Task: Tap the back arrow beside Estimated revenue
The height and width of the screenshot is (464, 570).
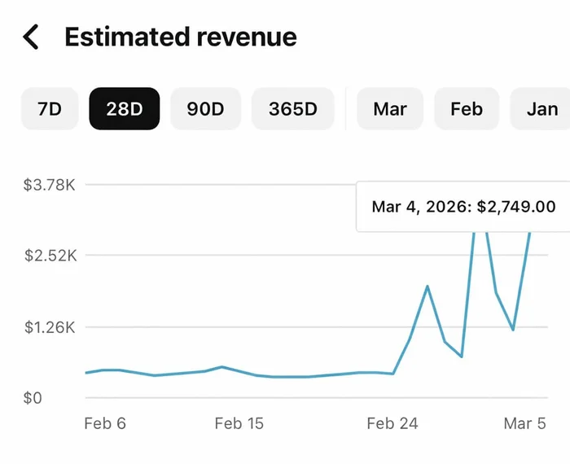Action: (x=31, y=37)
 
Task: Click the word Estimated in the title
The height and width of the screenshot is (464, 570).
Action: (x=127, y=37)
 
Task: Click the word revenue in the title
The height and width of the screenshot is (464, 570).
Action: (x=247, y=38)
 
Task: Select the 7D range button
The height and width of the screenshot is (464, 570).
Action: (x=50, y=108)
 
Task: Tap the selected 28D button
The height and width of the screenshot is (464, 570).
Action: (x=125, y=108)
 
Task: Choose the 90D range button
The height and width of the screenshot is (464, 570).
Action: (x=205, y=108)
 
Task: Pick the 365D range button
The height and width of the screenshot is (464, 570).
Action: (x=292, y=108)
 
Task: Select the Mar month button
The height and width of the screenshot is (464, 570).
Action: (x=390, y=108)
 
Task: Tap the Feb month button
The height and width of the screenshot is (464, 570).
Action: (x=467, y=108)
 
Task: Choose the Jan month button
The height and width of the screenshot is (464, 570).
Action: (x=541, y=108)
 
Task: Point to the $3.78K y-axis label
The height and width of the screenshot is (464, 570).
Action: (x=50, y=185)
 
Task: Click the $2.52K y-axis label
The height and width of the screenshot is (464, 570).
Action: (x=50, y=256)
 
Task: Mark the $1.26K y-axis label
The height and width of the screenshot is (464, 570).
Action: (x=50, y=327)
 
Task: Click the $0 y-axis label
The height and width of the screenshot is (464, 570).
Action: (x=33, y=398)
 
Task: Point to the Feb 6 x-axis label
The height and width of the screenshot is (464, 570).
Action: (x=105, y=423)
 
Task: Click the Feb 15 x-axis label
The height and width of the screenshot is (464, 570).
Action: (x=239, y=423)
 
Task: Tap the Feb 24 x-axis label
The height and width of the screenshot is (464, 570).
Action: (x=392, y=423)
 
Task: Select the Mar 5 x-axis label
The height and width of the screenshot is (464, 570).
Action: (x=525, y=423)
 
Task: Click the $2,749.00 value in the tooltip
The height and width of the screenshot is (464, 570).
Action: (x=516, y=207)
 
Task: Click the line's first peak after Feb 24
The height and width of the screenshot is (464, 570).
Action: (x=427, y=287)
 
